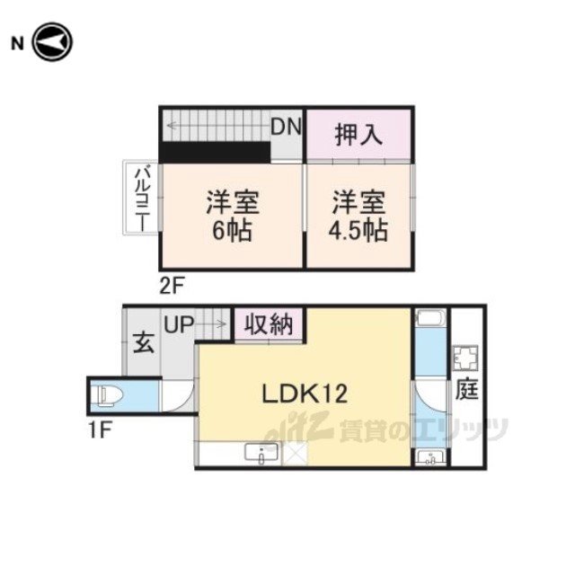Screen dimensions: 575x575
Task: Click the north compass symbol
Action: pyautogui.click(x=52, y=42)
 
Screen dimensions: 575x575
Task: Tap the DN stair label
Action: pyautogui.click(x=286, y=127)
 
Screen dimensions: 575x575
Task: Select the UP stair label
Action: pyautogui.click(x=179, y=324)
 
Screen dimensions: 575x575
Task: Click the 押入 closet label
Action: pyautogui.click(x=358, y=135)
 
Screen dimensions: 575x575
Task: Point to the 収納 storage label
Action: pyautogui.click(x=269, y=324)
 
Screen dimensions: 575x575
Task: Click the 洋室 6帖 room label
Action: pyautogui.click(x=233, y=216)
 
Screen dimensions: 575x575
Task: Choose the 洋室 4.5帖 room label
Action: pyautogui.click(x=358, y=216)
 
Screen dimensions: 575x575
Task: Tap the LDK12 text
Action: pyautogui.click(x=305, y=394)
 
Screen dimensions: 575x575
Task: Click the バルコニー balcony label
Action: pyautogui.click(x=142, y=199)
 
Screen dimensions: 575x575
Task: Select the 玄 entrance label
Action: pyautogui.click(x=144, y=342)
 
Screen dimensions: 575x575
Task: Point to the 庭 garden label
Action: pyautogui.click(x=467, y=389)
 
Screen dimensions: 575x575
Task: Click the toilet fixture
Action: pyautogui.click(x=107, y=396)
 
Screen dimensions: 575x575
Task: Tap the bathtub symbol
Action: pyautogui.click(x=431, y=318)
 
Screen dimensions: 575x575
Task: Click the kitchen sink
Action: pyautogui.click(x=261, y=453)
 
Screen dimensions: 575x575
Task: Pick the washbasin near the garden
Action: pyautogui.click(x=431, y=457)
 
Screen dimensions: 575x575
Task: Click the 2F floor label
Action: pyautogui.click(x=171, y=286)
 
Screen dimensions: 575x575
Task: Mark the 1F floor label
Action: pyautogui.click(x=99, y=429)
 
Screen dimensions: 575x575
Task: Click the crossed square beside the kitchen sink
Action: pyautogui.click(x=296, y=454)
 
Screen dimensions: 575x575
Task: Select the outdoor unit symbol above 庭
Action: pyautogui.click(x=465, y=358)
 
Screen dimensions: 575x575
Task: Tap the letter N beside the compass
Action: pyautogui.click(x=17, y=44)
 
